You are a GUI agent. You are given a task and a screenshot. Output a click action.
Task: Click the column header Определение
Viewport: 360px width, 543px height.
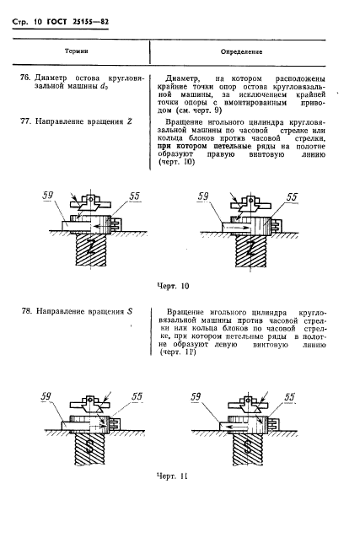pyautogui.click(x=244, y=51)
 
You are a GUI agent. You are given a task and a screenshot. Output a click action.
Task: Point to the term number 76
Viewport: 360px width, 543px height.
pyautogui.click(x=25, y=78)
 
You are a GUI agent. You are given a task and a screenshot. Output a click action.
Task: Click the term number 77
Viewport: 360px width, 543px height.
pyautogui.click(x=25, y=121)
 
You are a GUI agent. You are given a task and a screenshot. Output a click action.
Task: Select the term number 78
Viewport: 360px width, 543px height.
pyautogui.click(x=25, y=312)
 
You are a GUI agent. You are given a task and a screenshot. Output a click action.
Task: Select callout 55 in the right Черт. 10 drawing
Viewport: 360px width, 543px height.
pyautogui.click(x=292, y=197)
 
